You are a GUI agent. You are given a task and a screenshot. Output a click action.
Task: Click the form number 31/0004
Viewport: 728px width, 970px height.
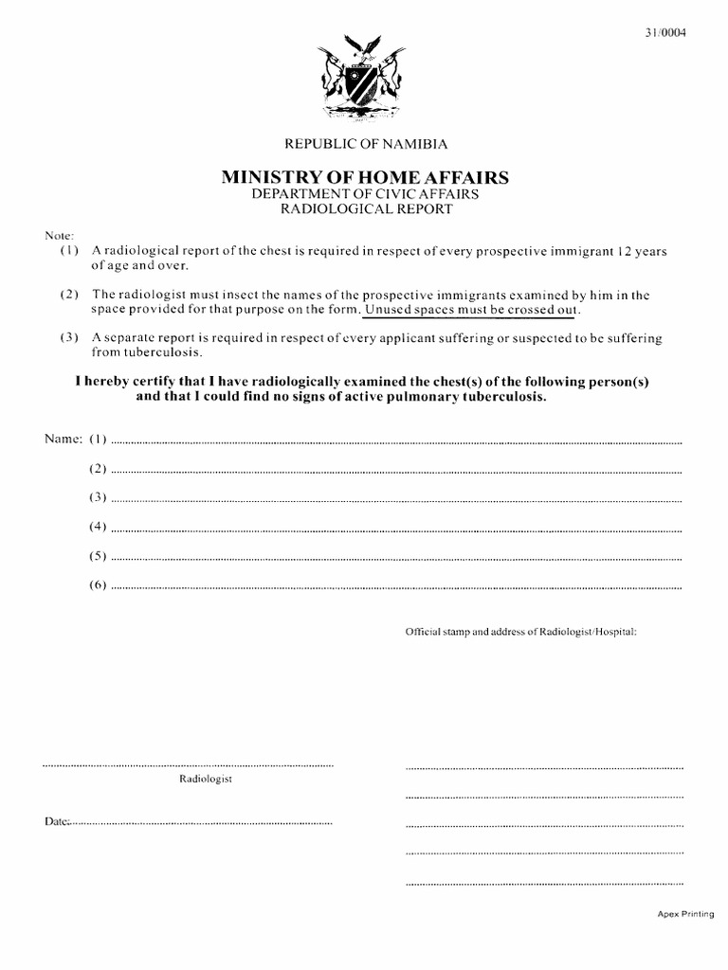664,32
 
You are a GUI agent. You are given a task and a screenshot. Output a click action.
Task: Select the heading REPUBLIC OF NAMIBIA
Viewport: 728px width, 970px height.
365,144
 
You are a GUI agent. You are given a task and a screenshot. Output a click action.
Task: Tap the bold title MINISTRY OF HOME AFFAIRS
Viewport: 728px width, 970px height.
365,176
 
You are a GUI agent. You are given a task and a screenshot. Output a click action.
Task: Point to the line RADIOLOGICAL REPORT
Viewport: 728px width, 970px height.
365,209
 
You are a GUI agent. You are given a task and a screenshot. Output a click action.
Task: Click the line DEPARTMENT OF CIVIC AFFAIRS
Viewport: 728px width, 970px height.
365,193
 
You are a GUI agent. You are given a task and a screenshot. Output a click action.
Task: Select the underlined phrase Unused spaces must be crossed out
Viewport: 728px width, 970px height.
472,310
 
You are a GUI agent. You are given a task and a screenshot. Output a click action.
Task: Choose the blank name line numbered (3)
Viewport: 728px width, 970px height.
396,498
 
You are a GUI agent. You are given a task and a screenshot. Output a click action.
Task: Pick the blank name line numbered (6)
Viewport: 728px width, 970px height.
396,586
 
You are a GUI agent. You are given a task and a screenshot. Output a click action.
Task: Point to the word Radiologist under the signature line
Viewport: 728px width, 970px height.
206,779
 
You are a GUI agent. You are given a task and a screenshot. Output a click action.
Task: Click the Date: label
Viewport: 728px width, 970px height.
56,821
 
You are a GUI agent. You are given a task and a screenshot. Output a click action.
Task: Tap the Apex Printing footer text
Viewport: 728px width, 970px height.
684,915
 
